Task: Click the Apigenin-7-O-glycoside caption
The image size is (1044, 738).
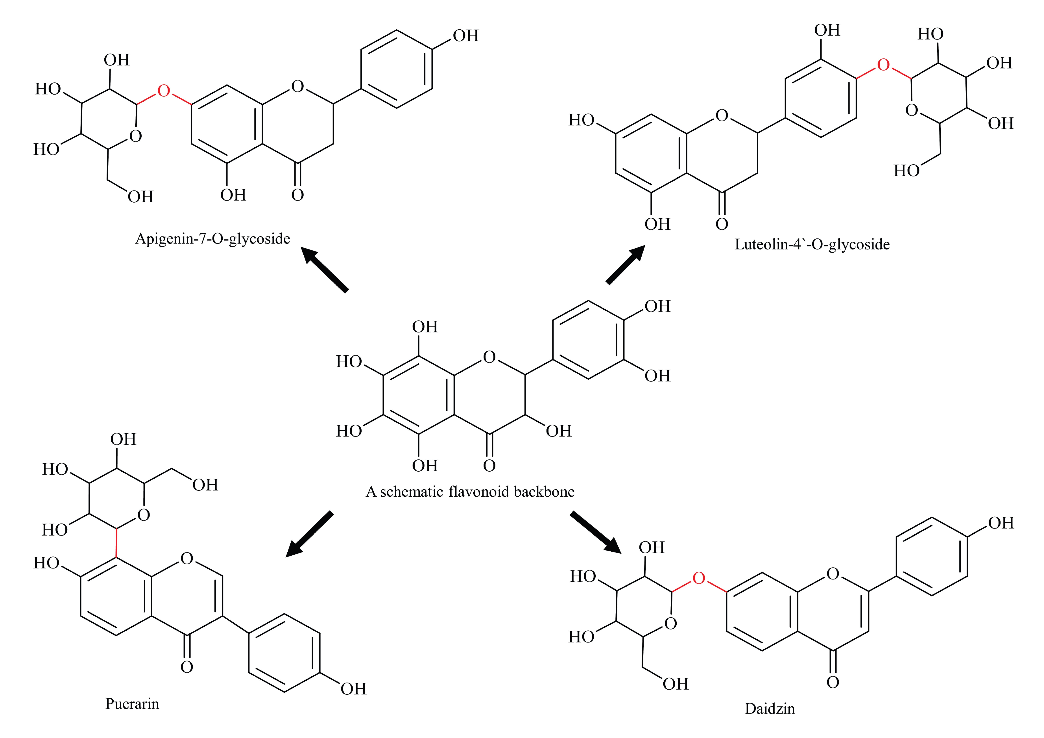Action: point(212,239)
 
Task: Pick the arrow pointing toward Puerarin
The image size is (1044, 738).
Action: point(309,534)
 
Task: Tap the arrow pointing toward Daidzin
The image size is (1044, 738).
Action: point(596,532)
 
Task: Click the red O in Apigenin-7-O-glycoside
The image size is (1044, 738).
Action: point(164,91)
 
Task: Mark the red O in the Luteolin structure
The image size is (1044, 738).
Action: point(883,65)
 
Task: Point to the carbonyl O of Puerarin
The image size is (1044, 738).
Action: point(187,667)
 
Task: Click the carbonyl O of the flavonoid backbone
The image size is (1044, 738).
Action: point(489,466)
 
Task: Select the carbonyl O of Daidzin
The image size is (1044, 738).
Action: point(833,682)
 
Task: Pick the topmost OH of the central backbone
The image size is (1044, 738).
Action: point(425,327)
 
